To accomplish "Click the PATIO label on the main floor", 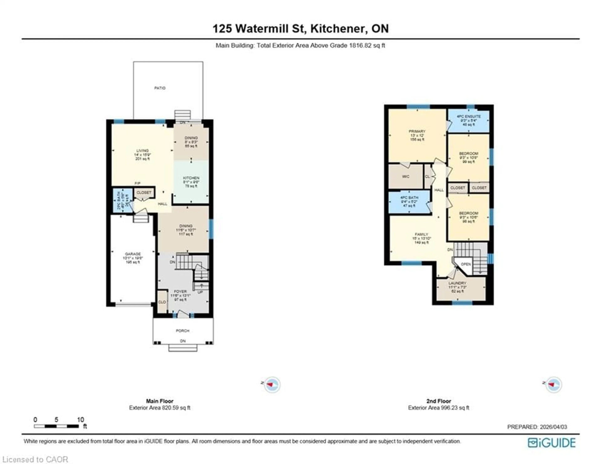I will coord(160,88).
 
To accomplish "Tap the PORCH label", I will coord(182,330).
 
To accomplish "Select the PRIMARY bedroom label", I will coord(417,131).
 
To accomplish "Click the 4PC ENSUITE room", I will coord(469,120).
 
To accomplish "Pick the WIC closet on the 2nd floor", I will coord(406,176).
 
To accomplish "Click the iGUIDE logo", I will coord(552,443).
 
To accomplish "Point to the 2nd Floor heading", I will coord(439,401).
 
